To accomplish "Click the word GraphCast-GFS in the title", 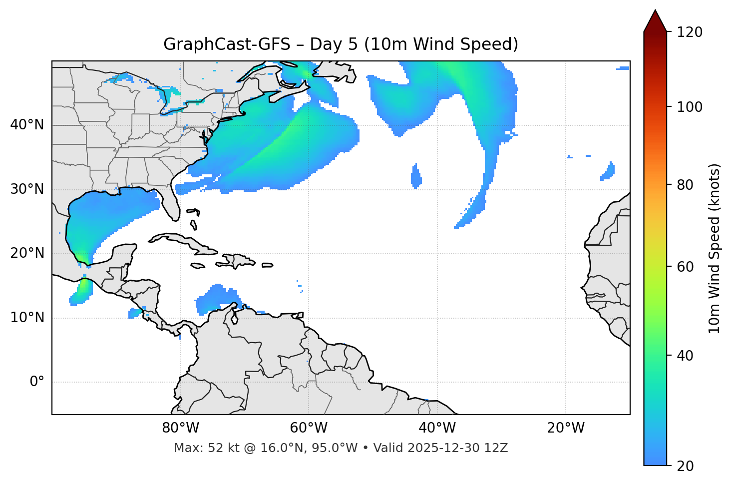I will point(227,44).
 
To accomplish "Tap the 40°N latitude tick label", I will point(27,125).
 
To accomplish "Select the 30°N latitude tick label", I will point(27,189).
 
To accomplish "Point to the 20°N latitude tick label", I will point(27,253).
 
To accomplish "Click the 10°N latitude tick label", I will point(27,318).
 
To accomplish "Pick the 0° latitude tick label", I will point(36,382).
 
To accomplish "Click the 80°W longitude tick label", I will point(180,428).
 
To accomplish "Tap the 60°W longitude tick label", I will point(308,428).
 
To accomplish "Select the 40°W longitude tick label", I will point(437,428).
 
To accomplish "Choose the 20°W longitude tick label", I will point(565,428).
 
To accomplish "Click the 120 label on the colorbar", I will point(689,32).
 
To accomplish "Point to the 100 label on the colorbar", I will point(689,107).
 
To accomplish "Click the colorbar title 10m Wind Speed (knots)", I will point(715,248).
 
